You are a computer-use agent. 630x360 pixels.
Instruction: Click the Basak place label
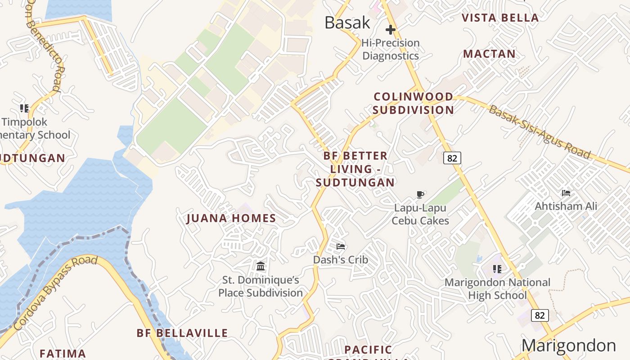[x=347, y=22]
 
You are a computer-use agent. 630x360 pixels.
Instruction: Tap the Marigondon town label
[x=568, y=346]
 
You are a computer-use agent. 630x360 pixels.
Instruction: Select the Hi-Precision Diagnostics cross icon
[x=390, y=30]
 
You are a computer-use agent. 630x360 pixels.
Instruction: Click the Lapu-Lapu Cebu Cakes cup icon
[x=420, y=195]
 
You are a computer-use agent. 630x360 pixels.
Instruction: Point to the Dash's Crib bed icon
[x=341, y=246]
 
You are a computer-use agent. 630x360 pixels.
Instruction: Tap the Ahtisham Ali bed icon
[x=566, y=193]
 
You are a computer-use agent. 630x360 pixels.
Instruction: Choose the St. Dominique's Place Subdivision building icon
[x=261, y=266]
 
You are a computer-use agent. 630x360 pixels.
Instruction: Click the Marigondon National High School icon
[x=497, y=269]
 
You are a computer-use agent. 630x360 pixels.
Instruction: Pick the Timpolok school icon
[x=24, y=108]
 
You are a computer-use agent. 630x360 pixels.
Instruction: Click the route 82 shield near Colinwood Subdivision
[x=452, y=158]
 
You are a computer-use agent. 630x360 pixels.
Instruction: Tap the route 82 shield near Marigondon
[x=540, y=315]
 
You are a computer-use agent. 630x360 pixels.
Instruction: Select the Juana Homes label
[x=231, y=219]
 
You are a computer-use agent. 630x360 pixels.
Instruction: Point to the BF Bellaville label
[x=182, y=333]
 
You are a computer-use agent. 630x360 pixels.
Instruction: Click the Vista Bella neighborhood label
[x=500, y=18]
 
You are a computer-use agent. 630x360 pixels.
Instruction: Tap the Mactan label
[x=489, y=54]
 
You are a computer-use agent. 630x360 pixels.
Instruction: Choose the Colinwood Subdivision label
[x=413, y=103]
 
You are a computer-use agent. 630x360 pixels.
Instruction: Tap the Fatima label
[x=63, y=353]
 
